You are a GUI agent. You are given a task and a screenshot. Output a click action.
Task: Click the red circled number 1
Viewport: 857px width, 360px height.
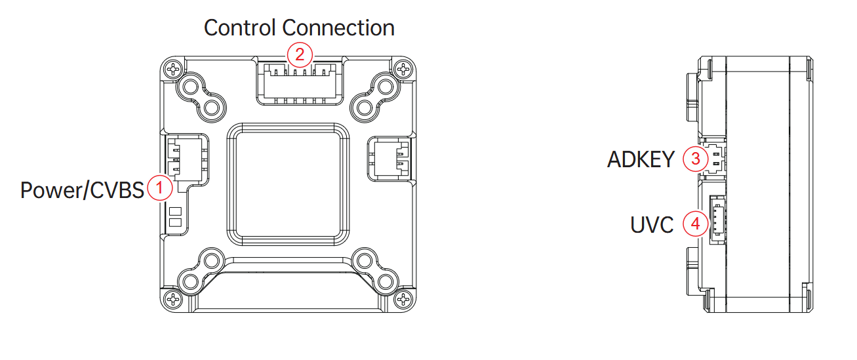pyautogui.click(x=160, y=188)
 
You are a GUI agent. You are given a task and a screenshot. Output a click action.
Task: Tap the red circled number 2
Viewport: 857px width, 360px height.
pyautogui.click(x=300, y=54)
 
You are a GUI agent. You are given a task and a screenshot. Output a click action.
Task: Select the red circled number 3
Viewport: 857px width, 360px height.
pyautogui.click(x=696, y=159)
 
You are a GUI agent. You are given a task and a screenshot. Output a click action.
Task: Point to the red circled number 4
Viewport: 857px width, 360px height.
pyautogui.click(x=696, y=224)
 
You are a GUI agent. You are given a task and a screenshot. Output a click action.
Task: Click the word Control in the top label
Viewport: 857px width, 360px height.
pyautogui.click(x=240, y=28)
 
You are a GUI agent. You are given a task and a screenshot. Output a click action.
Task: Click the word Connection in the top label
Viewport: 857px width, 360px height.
pyautogui.click(x=338, y=28)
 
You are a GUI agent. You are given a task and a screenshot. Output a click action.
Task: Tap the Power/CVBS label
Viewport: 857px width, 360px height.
pyautogui.click(x=82, y=190)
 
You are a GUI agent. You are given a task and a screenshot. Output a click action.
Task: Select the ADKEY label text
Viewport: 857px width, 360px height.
pyautogui.click(x=641, y=159)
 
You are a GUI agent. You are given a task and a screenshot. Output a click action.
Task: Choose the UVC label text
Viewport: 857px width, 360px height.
pyautogui.click(x=652, y=224)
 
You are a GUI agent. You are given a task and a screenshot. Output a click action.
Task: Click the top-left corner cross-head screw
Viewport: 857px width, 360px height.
pyautogui.click(x=174, y=70)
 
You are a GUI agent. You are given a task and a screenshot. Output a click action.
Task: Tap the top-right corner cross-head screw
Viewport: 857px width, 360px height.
pyautogui.click(x=403, y=70)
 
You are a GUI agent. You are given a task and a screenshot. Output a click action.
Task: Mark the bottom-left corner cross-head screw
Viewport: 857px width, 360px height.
pyautogui.click(x=174, y=299)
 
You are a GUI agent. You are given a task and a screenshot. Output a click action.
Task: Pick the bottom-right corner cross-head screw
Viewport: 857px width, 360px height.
pyautogui.click(x=403, y=299)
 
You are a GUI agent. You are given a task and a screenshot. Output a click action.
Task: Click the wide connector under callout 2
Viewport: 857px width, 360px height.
pyautogui.click(x=300, y=84)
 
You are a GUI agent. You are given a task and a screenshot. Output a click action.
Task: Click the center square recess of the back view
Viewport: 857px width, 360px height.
pyautogui.click(x=288, y=184)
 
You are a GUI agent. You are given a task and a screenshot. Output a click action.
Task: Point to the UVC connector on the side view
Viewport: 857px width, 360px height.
pyautogui.click(x=717, y=220)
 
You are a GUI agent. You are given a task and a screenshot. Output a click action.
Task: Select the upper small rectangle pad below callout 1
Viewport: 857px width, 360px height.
pyautogui.click(x=175, y=212)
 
